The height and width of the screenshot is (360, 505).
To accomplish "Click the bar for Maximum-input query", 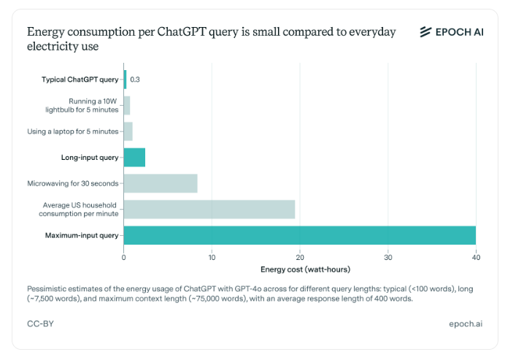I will coord(299,235).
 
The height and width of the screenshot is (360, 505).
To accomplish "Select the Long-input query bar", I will coord(134,157).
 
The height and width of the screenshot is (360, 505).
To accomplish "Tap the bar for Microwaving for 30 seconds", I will coord(161,183).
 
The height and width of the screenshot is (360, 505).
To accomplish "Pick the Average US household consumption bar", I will coord(209,209).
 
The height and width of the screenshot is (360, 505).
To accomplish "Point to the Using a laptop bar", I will coord(128,131).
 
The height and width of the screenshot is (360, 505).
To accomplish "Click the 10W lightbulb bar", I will coord(127,105).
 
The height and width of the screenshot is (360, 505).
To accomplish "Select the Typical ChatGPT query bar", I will coord(125,79).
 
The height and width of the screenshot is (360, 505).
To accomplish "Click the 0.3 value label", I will coord(135,79).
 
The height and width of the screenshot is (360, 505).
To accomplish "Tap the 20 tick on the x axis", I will coord(300,256).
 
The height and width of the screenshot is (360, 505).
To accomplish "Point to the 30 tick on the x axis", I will coord(388,256).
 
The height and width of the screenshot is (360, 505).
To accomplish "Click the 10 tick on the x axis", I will coord(212,256).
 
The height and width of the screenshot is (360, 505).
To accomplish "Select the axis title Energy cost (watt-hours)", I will coord(299,269).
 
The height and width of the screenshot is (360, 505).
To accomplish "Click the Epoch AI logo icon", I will coord(426,31).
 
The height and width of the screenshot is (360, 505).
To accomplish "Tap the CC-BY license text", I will coord(39,323).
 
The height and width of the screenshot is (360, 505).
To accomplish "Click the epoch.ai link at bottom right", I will coord(466,323).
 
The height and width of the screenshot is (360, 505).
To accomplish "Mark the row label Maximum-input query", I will coord(81,235).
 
